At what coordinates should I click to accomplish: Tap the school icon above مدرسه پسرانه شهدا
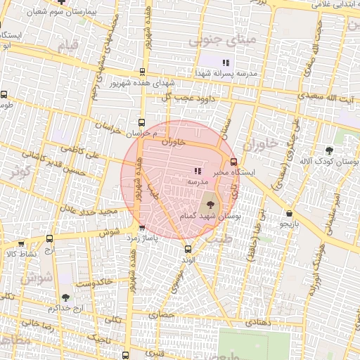[226, 63]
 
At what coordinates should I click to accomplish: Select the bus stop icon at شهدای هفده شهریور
[143, 71]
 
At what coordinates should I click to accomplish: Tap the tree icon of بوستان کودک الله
[329, 150]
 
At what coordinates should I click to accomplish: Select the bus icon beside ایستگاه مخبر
[233, 161]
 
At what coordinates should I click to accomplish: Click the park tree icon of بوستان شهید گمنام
[209, 205]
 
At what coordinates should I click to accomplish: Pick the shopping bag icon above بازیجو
[290, 213]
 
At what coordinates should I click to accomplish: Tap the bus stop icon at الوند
[188, 249]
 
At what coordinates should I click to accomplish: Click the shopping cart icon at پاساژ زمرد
[143, 228]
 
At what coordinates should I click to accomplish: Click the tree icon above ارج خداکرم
[65, 298]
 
